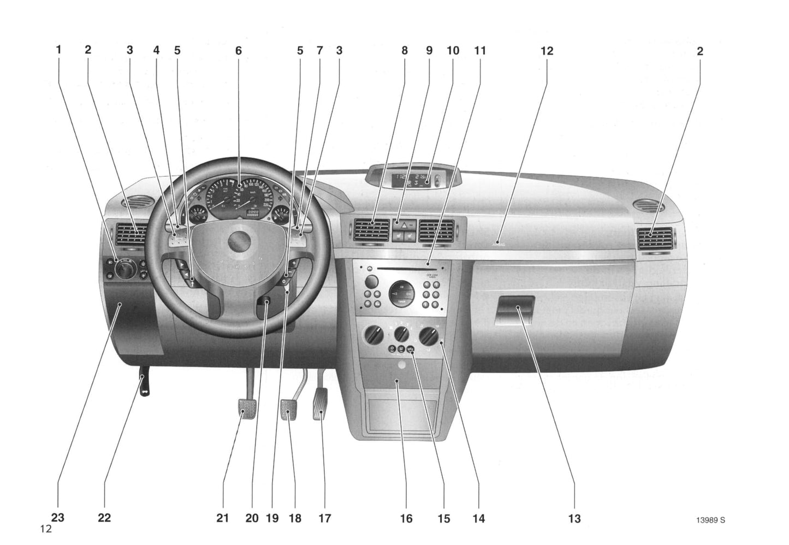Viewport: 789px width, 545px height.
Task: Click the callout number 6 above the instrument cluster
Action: point(238,51)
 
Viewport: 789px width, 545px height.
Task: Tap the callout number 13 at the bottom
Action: point(574,518)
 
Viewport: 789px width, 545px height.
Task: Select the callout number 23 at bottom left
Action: point(57,517)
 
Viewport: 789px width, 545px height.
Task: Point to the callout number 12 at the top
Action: point(547,51)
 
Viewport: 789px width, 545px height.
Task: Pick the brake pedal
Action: point(289,410)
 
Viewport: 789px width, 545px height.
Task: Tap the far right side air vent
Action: point(654,239)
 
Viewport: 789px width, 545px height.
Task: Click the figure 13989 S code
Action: point(710,520)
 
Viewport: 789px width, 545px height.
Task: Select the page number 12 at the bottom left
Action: point(45,529)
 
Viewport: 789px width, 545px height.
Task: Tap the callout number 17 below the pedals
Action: point(324,518)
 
